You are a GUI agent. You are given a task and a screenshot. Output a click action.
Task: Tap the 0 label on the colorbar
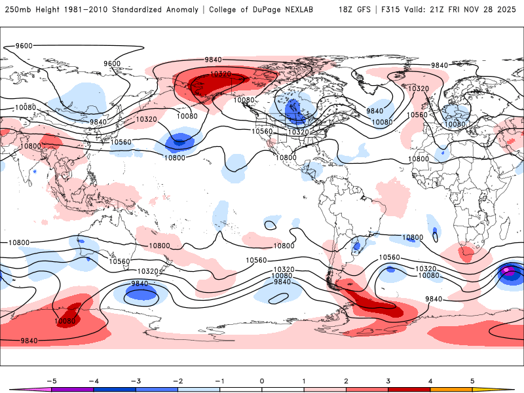click(261, 380)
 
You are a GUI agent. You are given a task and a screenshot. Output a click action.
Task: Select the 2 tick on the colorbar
click(346, 380)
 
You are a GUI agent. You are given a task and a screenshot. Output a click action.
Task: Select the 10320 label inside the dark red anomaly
click(220, 74)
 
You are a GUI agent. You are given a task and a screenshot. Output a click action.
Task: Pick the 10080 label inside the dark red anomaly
click(65, 321)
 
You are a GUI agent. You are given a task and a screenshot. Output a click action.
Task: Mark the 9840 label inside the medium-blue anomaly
click(140, 284)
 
